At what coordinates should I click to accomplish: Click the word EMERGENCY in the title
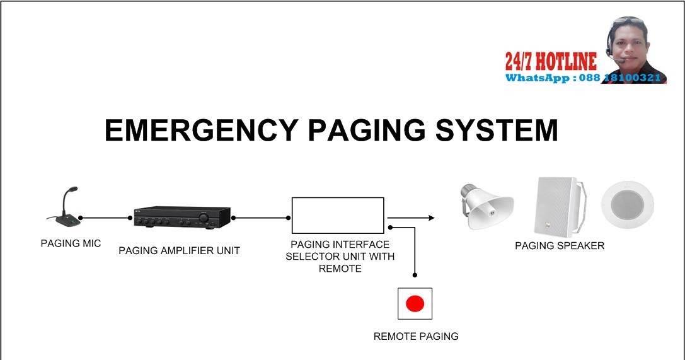point(200,131)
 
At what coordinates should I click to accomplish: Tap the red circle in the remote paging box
point(415,304)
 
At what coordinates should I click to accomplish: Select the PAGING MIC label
point(71,244)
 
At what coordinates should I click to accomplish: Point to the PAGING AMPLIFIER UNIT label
point(179,251)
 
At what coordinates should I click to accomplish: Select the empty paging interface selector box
point(337,215)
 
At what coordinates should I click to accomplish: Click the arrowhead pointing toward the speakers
point(431,218)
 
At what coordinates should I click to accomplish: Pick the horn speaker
point(485,203)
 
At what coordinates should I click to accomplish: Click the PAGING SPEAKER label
point(560,246)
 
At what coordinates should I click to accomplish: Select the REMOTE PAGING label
point(416,337)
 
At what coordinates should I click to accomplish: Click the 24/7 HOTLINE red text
point(550,61)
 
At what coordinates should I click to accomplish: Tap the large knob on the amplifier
point(204,218)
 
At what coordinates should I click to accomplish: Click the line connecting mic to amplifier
point(105,218)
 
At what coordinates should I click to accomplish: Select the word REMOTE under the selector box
point(340,269)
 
